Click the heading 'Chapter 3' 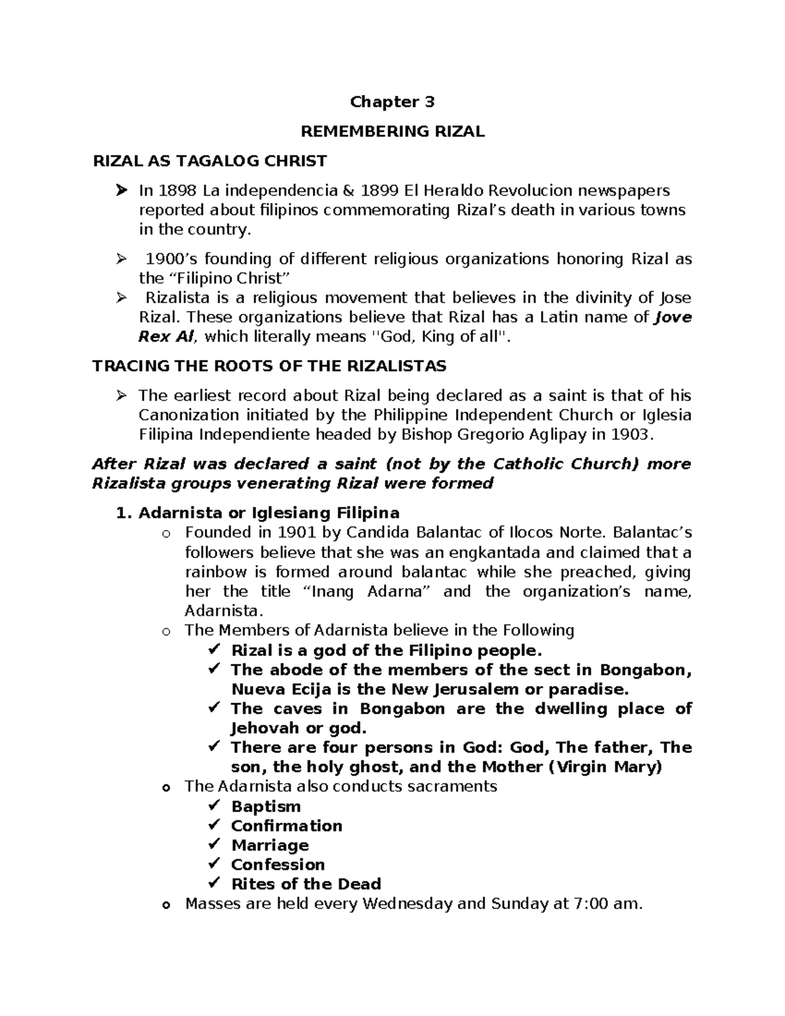pos(392,102)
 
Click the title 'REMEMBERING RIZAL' pos(392,131)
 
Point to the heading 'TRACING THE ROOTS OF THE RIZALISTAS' pos(270,366)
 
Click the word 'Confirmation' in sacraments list pos(287,826)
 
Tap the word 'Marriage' pos(270,846)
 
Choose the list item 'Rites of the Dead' pos(305,885)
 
